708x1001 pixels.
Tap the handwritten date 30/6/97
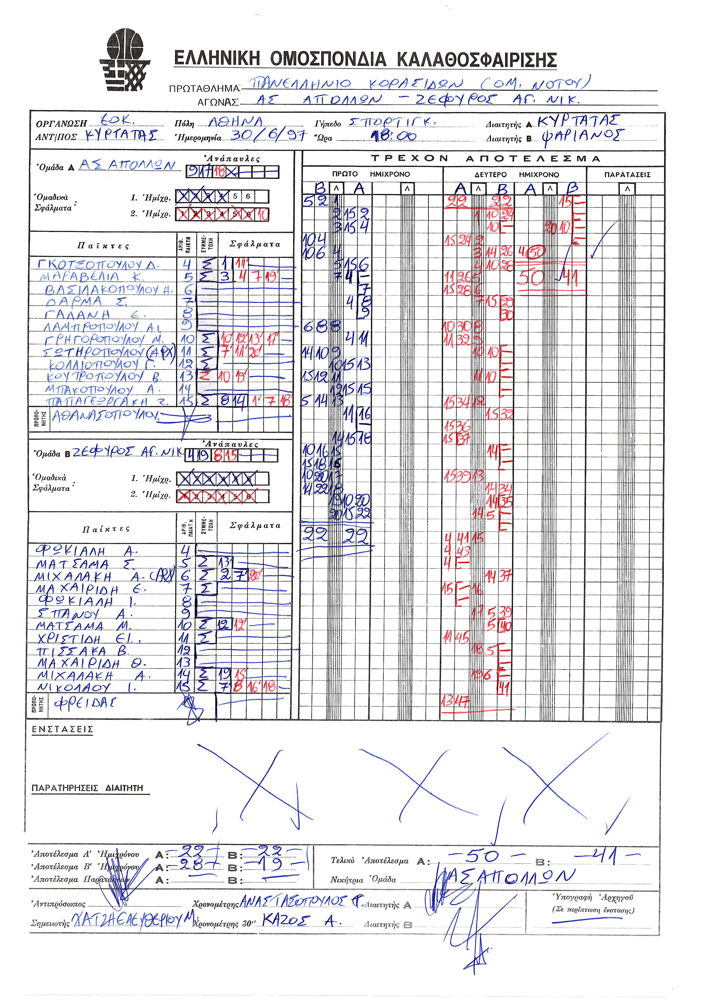coord(268,135)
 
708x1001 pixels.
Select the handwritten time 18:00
coord(393,136)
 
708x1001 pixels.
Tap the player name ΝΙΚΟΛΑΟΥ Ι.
coord(86,688)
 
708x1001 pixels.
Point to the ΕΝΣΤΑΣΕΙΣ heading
coord(62,729)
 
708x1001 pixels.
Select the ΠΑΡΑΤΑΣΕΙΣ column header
coord(627,174)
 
